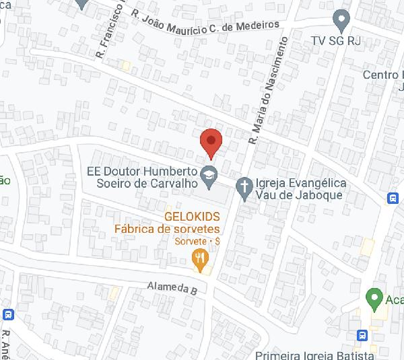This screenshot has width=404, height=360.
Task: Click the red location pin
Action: [x=211, y=141]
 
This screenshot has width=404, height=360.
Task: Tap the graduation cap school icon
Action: [x=209, y=173]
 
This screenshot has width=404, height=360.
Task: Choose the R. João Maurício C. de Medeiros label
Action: [x=205, y=20]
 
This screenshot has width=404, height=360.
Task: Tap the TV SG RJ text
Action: [x=336, y=41]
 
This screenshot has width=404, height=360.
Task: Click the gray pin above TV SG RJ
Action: [x=341, y=20]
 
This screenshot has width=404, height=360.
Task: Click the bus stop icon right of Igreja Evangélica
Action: [x=392, y=198]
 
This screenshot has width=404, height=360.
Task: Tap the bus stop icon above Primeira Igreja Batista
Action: [x=362, y=334]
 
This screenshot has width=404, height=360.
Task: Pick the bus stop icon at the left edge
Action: [x=8, y=314]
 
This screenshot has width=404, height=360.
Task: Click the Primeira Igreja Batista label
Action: [x=314, y=354]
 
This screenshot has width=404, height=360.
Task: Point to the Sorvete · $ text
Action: [x=197, y=241]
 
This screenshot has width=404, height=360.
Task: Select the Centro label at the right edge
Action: [x=382, y=75]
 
